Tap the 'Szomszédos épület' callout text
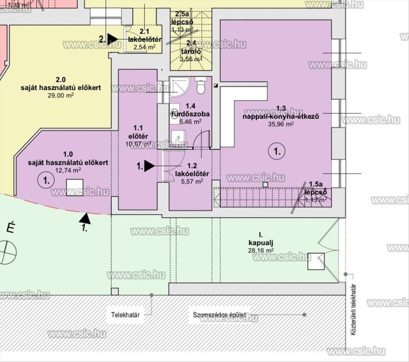point(219,315)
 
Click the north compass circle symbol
point(8,252)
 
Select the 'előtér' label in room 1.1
point(138,136)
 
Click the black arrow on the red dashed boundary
point(85,218)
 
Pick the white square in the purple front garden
point(75,187)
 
